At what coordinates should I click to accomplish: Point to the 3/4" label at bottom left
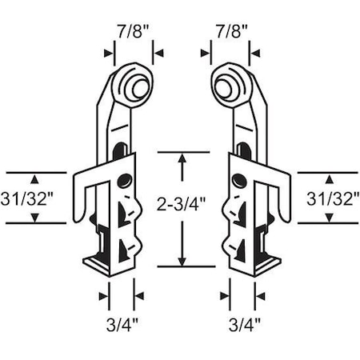coord(122,324)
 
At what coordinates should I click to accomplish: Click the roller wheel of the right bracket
coord(229,84)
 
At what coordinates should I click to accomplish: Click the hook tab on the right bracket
coord(282,200)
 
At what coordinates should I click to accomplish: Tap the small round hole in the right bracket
coord(238,182)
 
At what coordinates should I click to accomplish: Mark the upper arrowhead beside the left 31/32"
coord(35,178)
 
